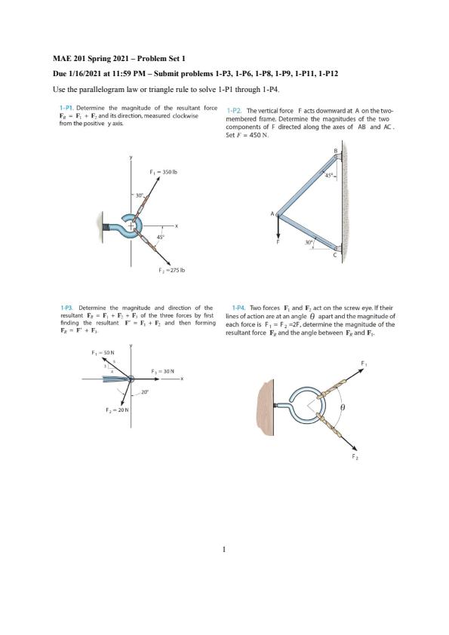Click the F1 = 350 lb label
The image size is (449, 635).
point(164,172)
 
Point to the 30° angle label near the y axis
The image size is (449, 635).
point(140,195)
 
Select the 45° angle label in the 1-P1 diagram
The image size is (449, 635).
point(160,238)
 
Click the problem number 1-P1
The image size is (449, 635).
point(66,108)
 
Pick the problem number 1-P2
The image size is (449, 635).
point(235,111)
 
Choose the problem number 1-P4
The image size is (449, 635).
point(238,308)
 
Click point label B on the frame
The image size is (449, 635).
point(336,150)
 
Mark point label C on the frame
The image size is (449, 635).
point(335,254)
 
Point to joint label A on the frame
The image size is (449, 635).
point(272,213)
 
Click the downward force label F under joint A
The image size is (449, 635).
point(278,242)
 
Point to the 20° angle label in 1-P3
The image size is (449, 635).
point(145,391)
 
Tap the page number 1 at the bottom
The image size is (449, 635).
point(224,550)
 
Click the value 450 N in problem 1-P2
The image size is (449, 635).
point(260,135)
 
